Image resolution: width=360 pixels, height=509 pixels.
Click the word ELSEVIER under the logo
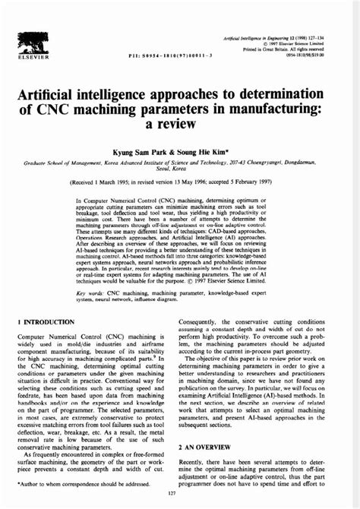pyautogui.click(x=34, y=56)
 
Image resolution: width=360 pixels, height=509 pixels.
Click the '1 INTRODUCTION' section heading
pyautogui.click(x=47, y=322)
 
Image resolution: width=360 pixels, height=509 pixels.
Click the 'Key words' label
pyautogui.click(x=90, y=292)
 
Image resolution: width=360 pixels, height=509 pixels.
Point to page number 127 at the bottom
pyautogui.click(x=180, y=498)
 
